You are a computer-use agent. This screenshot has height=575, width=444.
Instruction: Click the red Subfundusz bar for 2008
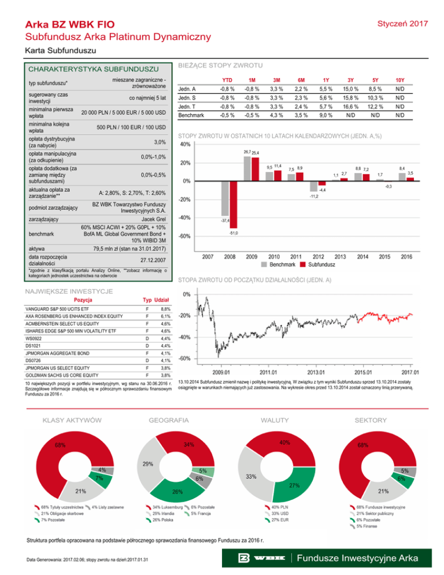234,197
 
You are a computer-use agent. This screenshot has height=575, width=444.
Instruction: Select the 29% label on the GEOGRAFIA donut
148,464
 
